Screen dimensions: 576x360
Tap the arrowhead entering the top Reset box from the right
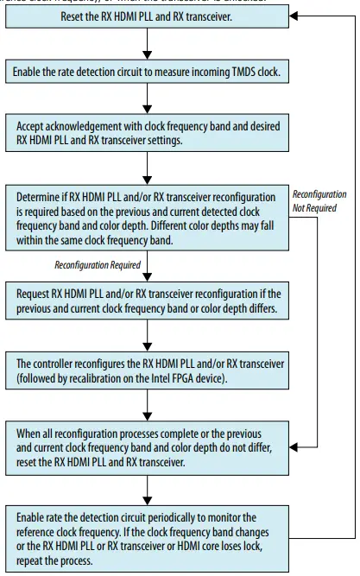[294, 17]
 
